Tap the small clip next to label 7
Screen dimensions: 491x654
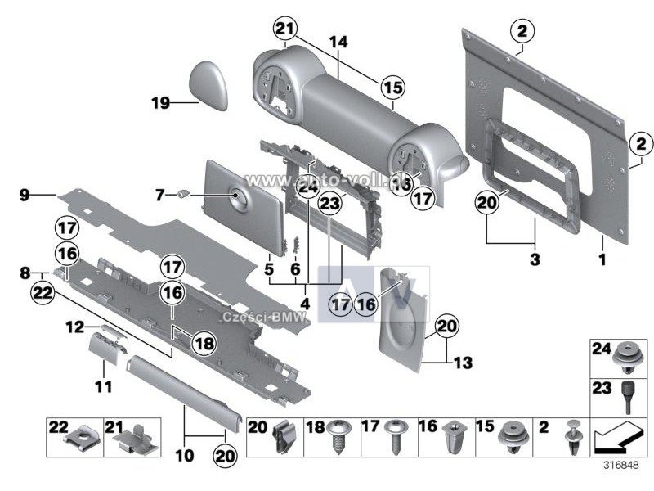(184, 194)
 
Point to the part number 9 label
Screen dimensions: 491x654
(25, 194)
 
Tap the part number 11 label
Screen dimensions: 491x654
(102, 385)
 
